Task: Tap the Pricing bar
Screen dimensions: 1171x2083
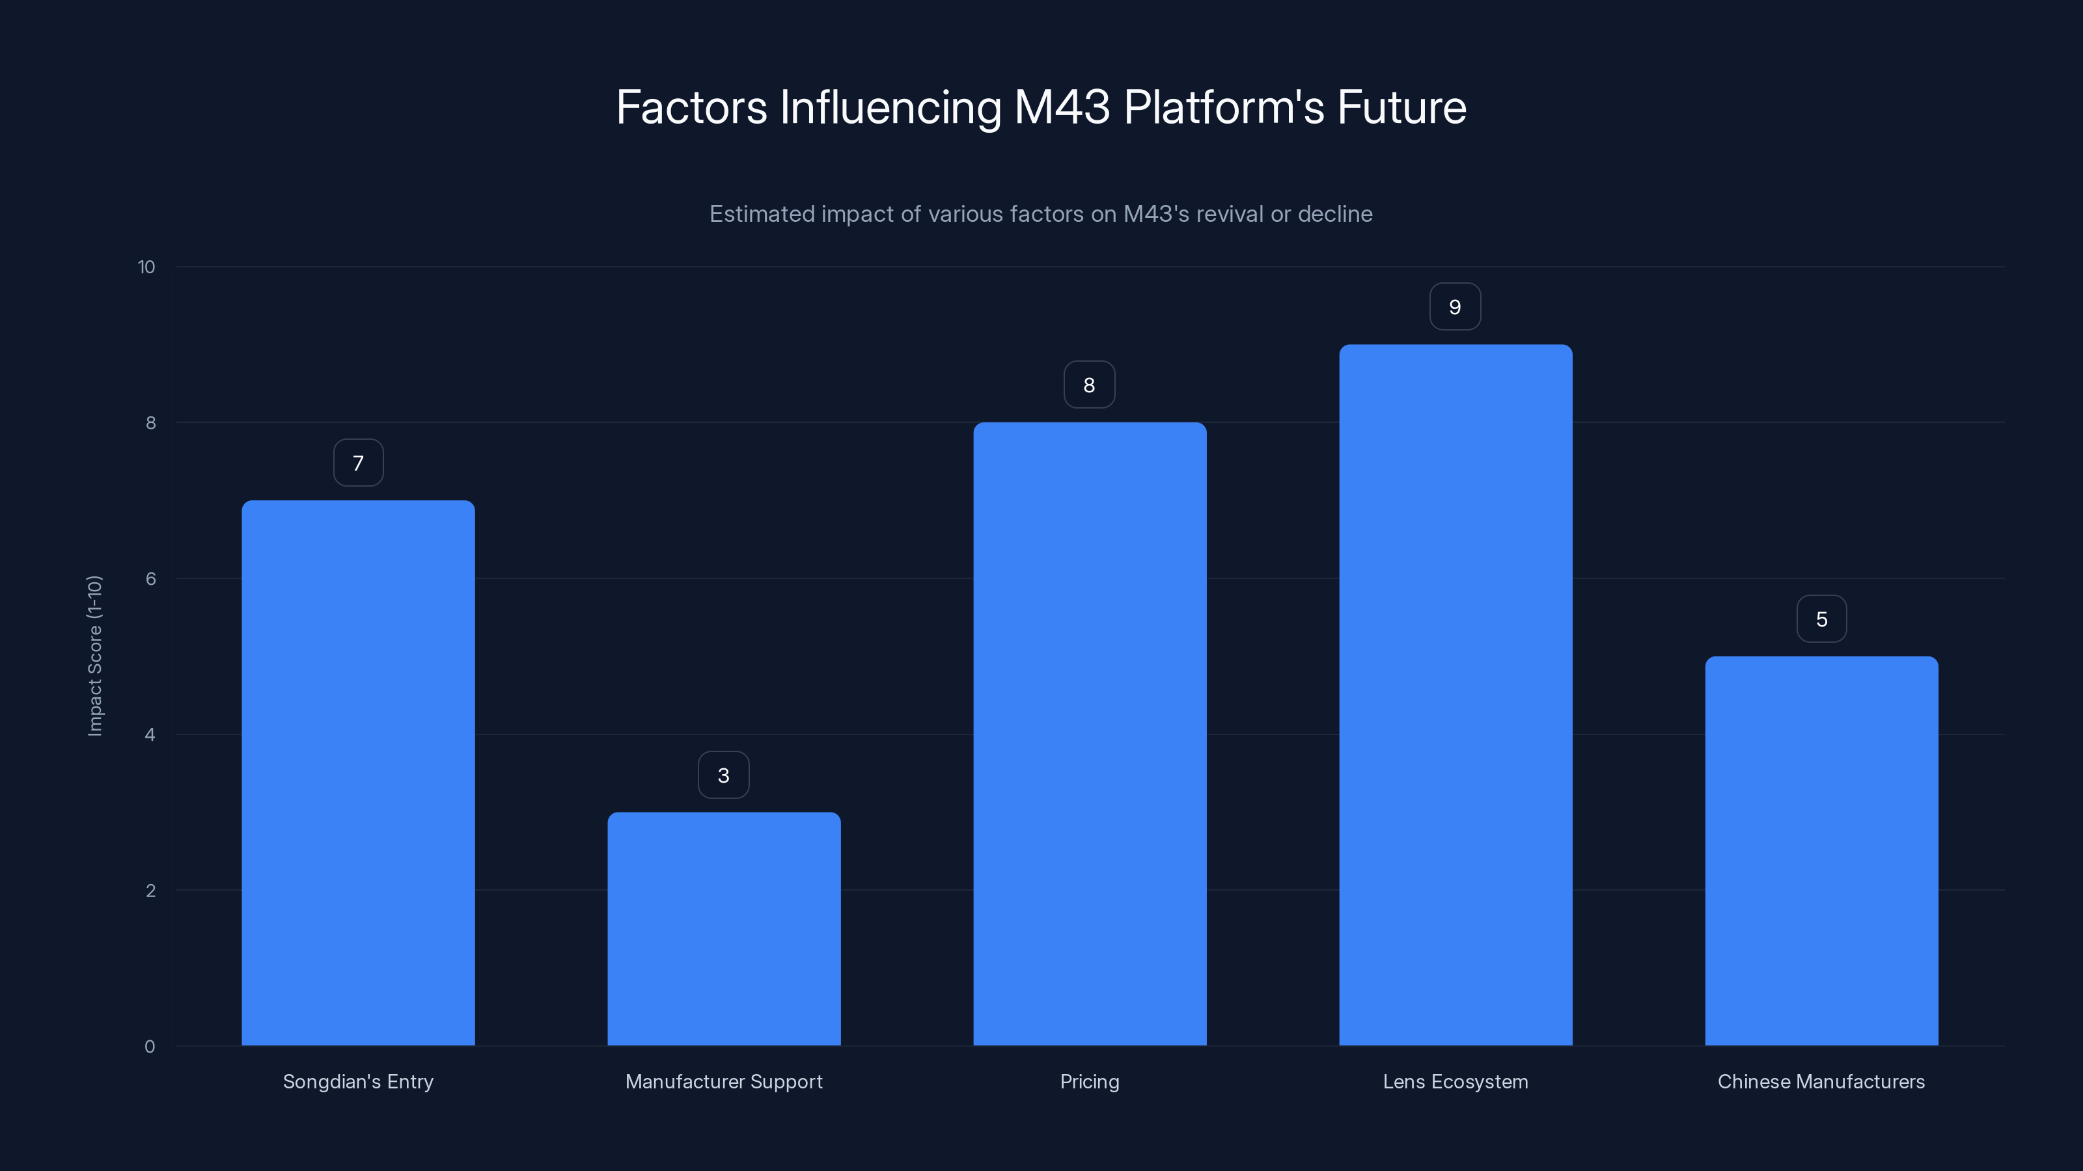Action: coord(1089,734)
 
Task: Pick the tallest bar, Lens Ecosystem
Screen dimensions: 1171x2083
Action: coord(1455,695)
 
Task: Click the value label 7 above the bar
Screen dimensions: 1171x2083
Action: coord(358,463)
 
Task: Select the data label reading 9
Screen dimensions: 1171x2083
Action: coord(1455,307)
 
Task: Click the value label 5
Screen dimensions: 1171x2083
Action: coord(1821,619)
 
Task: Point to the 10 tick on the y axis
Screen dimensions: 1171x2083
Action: coord(146,267)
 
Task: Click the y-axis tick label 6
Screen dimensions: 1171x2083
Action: coord(150,578)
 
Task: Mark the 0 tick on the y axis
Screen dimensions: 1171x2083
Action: coord(150,1047)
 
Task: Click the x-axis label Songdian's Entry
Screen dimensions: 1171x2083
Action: coord(357,1081)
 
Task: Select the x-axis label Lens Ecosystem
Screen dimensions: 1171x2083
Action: coord(1455,1081)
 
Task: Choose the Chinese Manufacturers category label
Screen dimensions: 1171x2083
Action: coord(1821,1081)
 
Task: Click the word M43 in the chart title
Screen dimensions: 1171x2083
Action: coord(1062,107)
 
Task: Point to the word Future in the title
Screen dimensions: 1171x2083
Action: coord(1401,107)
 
